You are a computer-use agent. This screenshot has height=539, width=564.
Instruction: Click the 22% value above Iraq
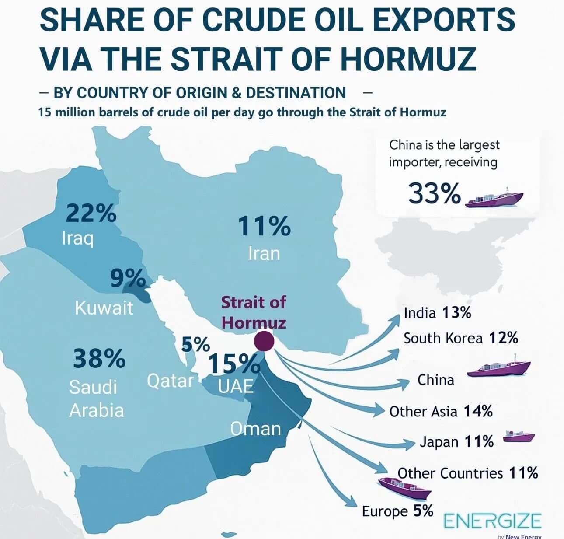coord(91,213)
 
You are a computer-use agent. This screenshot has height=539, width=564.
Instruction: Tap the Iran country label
coord(264,254)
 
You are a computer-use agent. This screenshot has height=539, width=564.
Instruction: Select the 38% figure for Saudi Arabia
coord(99,358)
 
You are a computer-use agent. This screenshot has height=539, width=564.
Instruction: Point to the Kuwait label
coord(104,308)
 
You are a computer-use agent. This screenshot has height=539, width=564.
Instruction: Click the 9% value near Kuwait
coord(128,279)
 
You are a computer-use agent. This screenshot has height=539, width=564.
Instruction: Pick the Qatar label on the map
coord(170,381)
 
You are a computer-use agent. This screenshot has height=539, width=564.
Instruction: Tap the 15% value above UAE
coord(234,363)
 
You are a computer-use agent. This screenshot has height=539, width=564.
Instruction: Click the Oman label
coord(256,429)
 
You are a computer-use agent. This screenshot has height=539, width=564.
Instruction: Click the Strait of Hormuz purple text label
coord(254,312)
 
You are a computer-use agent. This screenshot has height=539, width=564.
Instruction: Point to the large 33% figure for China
coord(435,193)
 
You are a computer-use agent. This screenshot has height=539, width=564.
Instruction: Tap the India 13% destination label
coord(437,313)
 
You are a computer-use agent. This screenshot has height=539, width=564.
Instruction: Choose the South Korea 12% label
coord(461,338)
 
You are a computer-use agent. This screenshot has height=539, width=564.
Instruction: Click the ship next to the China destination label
coord(499,368)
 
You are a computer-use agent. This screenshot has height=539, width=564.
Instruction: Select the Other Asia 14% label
coord(441,411)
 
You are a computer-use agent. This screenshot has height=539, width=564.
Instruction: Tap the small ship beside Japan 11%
coord(519,436)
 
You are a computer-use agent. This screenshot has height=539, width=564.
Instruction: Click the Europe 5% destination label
coord(397,511)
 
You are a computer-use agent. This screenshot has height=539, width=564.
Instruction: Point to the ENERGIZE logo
coord(493,521)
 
